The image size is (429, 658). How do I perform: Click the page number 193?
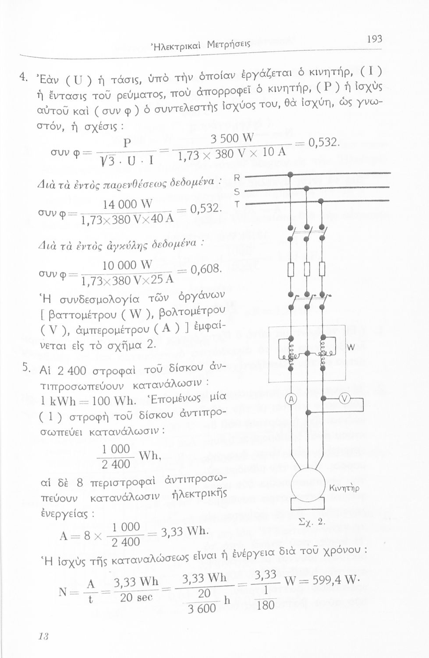374,39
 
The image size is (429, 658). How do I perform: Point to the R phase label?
238,178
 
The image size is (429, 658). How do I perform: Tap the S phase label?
238,192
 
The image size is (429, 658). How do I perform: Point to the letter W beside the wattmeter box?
351,348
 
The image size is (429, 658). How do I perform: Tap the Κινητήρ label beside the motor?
344,488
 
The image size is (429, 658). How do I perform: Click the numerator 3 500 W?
232,138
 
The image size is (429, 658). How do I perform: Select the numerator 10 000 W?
127,265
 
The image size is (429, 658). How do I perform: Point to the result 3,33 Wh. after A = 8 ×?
185,531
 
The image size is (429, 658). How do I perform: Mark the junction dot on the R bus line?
291,175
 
